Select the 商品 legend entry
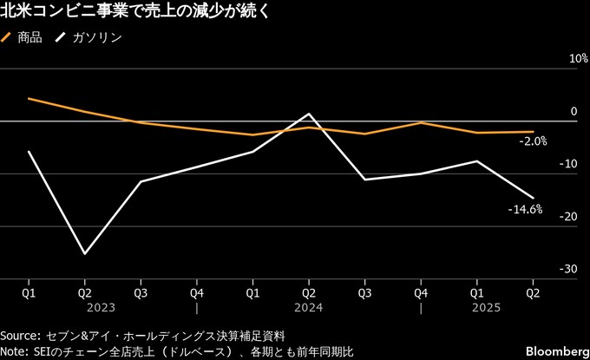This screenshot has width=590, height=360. pos(30,37)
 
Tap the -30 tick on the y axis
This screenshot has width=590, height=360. pos(569,269)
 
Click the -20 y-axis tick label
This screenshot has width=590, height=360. pos(569,216)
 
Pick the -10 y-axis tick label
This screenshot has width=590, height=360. pos(569,163)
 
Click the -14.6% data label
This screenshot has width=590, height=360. pos(526,209)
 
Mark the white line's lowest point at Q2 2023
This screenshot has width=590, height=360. pos(84,254)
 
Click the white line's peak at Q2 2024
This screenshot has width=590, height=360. pos(309,114)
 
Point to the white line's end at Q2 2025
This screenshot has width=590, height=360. pos(533,198)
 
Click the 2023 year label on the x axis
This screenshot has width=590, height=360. pos(100,307)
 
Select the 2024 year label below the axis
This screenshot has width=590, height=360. pos(308,307)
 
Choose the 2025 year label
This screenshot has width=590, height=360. pos(485,307)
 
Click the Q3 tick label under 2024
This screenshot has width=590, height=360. pos(364,293)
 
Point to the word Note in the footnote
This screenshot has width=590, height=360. pos(15,350)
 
